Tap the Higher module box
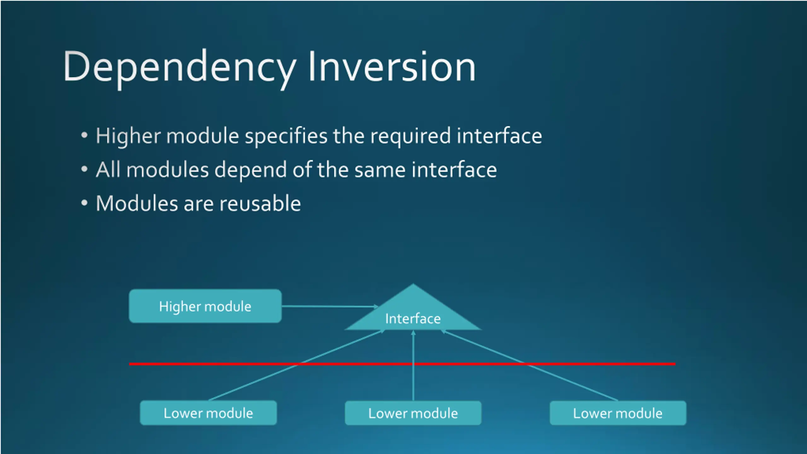(205, 306)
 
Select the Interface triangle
(413, 315)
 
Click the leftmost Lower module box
(208, 413)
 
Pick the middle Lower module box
(413, 413)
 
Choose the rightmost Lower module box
(618, 413)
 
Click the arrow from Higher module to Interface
(329, 306)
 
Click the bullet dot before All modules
(84, 169)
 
